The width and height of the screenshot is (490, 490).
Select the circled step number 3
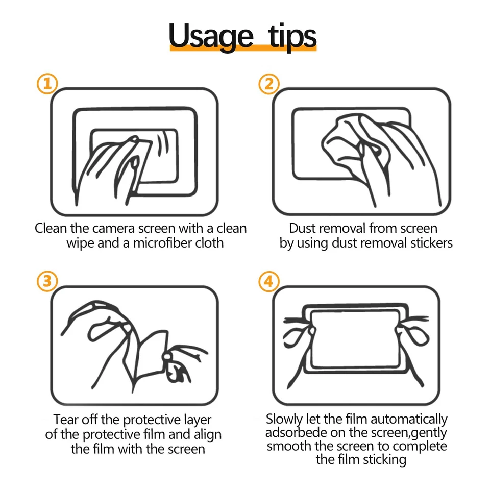[x=47, y=281]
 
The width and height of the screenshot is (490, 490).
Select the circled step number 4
[x=269, y=281]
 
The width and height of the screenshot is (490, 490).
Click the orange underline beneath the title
[x=243, y=48]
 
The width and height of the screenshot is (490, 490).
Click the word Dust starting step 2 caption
[x=302, y=228]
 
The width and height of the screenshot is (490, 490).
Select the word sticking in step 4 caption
[x=383, y=460]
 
